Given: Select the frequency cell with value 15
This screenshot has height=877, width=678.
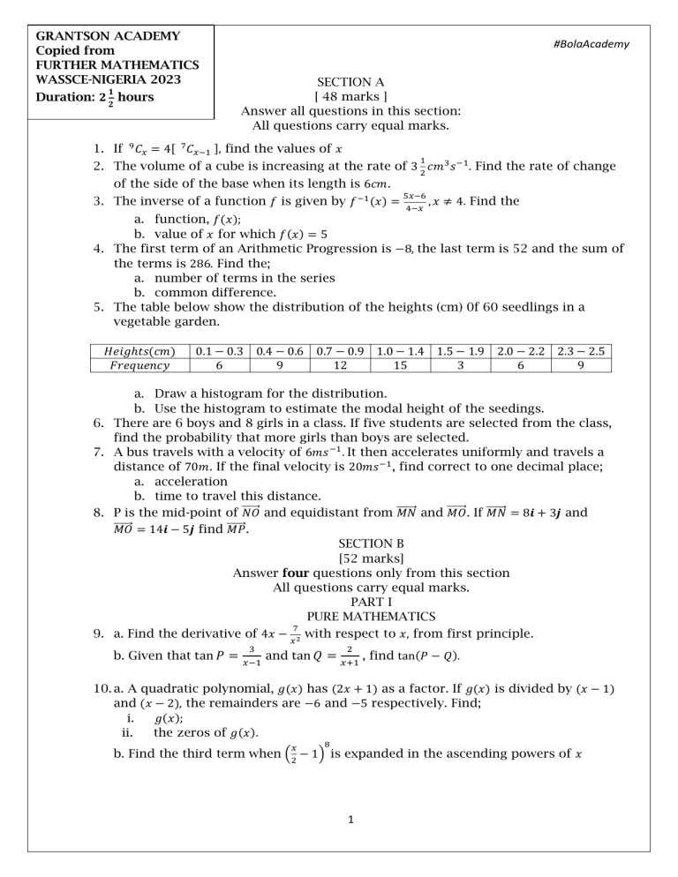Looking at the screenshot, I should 399,366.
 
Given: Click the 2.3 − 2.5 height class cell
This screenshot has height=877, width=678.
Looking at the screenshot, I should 577,351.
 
